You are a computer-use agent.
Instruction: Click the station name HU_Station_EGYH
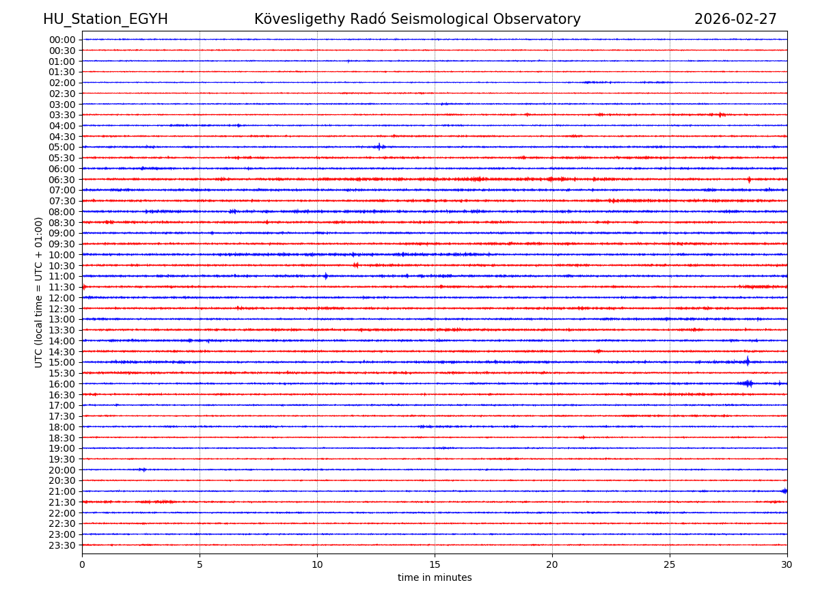coord(105,19)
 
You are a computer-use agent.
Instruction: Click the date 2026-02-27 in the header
coord(735,19)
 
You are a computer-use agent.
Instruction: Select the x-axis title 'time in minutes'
coord(435,578)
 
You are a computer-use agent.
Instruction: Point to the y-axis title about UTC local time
coord(39,292)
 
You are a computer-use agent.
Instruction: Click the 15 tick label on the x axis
coord(435,565)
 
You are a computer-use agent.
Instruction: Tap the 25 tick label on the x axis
coord(670,565)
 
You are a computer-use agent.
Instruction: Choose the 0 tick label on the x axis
coord(82,565)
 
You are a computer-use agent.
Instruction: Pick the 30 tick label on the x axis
coord(787,565)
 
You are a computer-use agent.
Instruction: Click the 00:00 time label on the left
coord(62,40)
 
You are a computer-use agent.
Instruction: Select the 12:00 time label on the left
coord(62,298)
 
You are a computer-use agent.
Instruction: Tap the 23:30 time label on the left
coord(62,545)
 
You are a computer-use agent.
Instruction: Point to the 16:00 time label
coord(62,384)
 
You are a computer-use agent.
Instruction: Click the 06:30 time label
coord(62,180)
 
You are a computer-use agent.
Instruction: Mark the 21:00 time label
coord(62,491)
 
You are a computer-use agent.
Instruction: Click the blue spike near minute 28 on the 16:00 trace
coord(749,383)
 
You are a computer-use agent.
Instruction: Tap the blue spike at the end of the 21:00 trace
coord(784,491)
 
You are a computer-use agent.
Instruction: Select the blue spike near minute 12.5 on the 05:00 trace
coord(379,147)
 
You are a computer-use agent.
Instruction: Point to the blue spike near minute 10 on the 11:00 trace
coord(325,276)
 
